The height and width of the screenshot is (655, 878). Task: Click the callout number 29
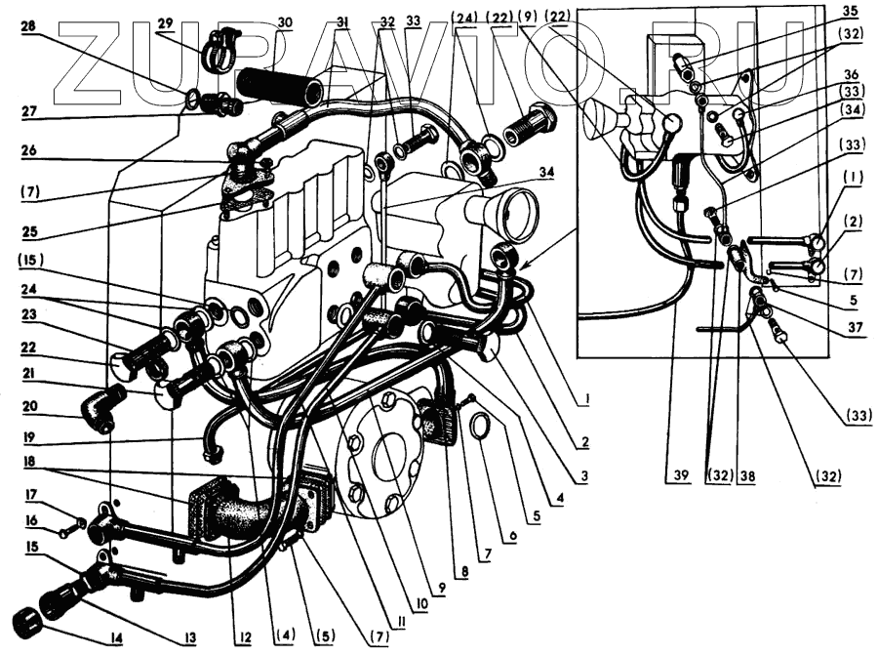[x=165, y=21]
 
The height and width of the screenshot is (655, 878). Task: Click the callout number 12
[x=245, y=638]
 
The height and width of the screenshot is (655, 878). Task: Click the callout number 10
[x=420, y=605]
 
